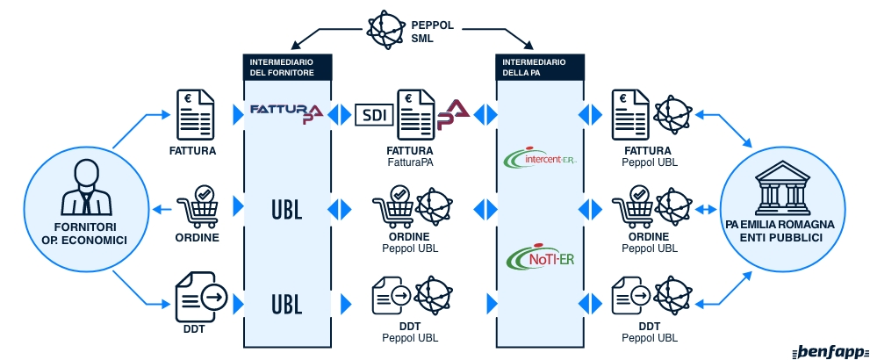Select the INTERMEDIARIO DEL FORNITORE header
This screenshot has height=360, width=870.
[x=287, y=67]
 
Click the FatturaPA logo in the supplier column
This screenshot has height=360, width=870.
[x=286, y=112]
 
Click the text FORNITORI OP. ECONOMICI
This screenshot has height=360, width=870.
[x=79, y=232]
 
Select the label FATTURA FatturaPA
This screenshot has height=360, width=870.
[x=410, y=155]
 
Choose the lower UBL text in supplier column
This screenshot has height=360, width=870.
[x=286, y=304]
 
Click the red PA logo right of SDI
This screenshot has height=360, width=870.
[x=454, y=112]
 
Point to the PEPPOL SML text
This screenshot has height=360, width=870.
[x=433, y=32]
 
